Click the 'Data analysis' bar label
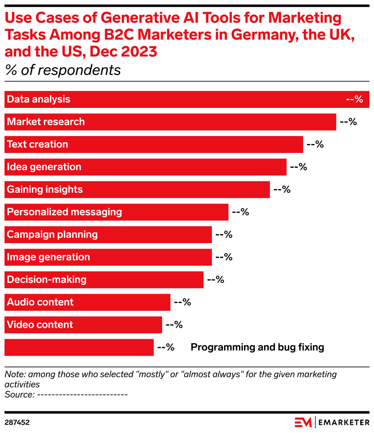(39, 99)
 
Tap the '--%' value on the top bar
(354, 99)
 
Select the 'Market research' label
(46, 122)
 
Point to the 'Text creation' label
(37, 144)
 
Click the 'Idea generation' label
(44, 167)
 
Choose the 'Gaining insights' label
(45, 189)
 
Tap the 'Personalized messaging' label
(64, 212)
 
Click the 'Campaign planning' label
(52, 235)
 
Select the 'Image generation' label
(48, 257)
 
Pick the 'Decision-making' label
(47, 280)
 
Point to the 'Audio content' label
(40, 302)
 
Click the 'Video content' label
(40, 325)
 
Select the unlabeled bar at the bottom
(79, 347)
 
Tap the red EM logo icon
(303, 422)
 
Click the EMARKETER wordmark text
(344, 423)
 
